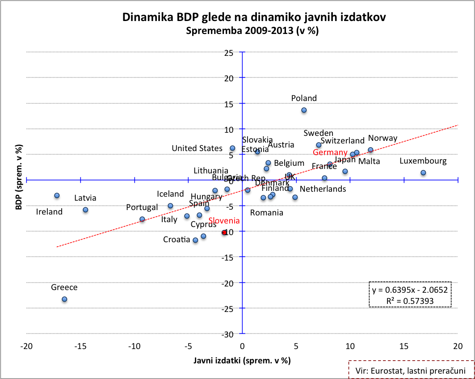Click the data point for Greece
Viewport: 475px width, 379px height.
(x=64, y=299)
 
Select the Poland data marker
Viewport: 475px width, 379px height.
(x=304, y=110)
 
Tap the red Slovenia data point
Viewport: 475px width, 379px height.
(x=224, y=232)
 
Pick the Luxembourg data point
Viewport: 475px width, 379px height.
(x=423, y=173)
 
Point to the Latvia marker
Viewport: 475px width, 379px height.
(x=85, y=210)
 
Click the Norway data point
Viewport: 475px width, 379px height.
(x=370, y=150)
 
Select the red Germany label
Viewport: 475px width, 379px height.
(x=330, y=153)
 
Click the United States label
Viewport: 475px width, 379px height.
(x=197, y=148)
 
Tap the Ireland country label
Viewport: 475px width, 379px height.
(x=49, y=212)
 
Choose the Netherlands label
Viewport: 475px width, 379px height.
(x=323, y=189)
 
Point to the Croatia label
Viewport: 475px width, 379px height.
(x=177, y=240)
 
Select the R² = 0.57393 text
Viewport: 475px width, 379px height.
(x=410, y=300)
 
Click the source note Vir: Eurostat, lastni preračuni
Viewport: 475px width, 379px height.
(x=411, y=371)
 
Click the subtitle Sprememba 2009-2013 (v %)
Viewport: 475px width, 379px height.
(x=254, y=31)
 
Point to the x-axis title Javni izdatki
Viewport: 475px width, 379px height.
(x=242, y=360)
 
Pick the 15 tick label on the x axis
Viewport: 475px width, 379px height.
(x=404, y=346)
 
